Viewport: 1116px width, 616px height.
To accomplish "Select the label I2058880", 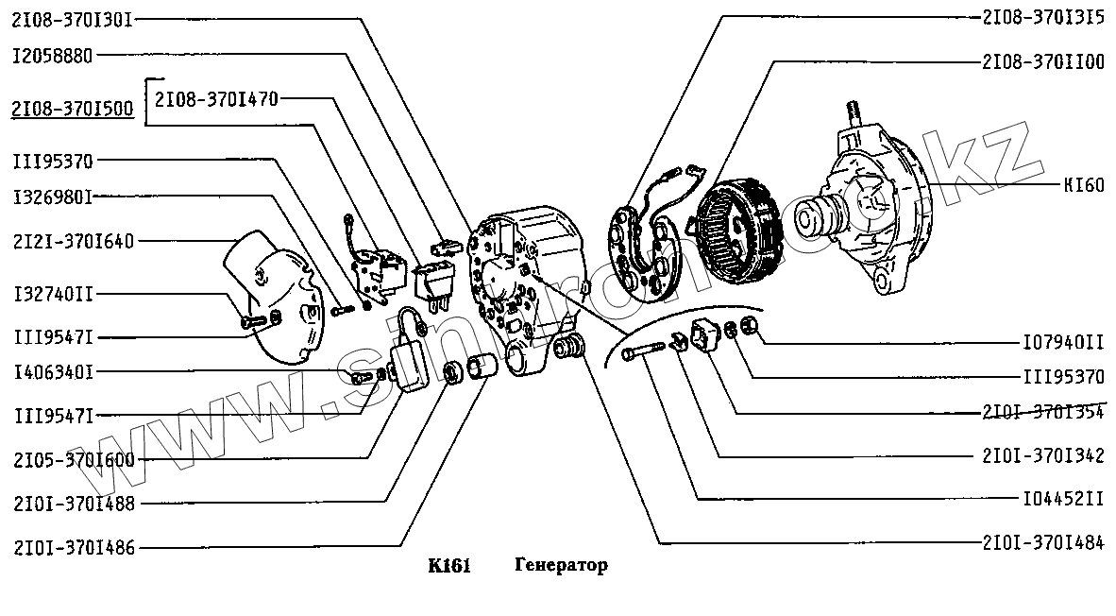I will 53,56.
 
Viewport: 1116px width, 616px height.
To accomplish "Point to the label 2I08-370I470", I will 216,97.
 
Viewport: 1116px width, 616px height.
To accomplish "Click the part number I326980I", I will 53,198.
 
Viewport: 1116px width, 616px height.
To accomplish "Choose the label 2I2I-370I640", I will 74,242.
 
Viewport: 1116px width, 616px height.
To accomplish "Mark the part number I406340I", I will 53,372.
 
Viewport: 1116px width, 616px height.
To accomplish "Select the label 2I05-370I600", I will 74,461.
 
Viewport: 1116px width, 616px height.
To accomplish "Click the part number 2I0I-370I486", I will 74,546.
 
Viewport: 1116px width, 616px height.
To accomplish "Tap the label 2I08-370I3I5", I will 1043,18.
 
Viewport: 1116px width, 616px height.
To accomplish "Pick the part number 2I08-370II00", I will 1043,62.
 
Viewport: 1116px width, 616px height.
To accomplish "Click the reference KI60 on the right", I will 1083,185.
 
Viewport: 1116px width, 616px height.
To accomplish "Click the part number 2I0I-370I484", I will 1043,542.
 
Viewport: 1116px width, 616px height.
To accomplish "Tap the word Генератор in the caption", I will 562,566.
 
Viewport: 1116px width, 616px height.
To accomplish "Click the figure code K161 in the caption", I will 448,566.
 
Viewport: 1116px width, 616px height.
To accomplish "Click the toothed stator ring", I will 736,227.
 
